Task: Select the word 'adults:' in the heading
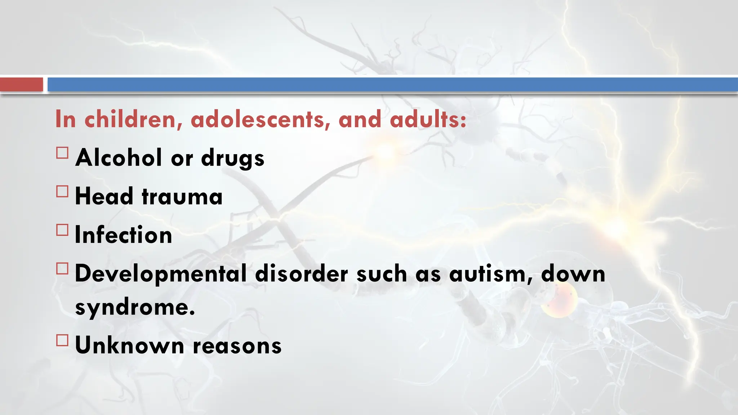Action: (x=428, y=119)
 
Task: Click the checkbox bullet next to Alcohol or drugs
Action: (x=62, y=153)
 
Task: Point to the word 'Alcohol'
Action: (x=119, y=158)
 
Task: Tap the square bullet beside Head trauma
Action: (x=62, y=191)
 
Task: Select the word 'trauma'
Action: (x=182, y=197)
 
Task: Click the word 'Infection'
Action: (x=123, y=235)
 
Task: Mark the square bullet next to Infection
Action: (x=62, y=230)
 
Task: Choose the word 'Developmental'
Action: (x=160, y=274)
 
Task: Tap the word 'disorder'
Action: (x=301, y=274)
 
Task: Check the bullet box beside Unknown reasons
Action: (x=62, y=340)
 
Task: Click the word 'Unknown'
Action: (x=130, y=345)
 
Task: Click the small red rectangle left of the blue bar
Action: (x=22, y=85)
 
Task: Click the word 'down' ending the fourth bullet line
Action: (x=573, y=274)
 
